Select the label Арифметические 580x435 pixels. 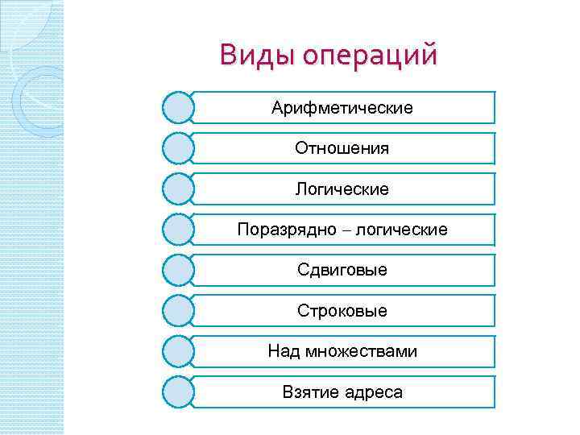click(x=342, y=107)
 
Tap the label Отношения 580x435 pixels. click(x=342, y=148)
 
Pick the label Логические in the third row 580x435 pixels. click(x=342, y=189)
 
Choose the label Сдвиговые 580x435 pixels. click(x=342, y=270)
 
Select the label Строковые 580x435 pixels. click(x=342, y=311)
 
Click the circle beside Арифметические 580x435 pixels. click(x=178, y=107)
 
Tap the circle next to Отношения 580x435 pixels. click(x=178, y=148)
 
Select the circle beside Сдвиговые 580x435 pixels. click(x=178, y=270)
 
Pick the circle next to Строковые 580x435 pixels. click(x=178, y=311)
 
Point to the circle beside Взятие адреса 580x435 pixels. click(x=178, y=392)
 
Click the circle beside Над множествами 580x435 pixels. click(x=178, y=351)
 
